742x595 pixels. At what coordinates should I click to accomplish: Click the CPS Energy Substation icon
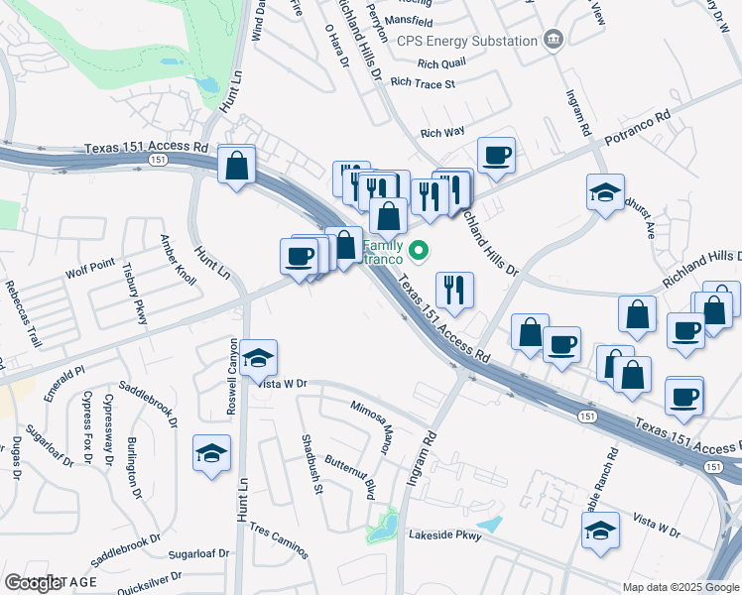click(554, 41)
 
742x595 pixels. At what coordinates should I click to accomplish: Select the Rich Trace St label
click(423, 84)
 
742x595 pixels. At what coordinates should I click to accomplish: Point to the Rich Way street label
click(442, 132)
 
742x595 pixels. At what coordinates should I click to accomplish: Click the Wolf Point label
click(91, 268)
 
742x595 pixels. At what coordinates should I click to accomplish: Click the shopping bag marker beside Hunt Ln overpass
click(237, 165)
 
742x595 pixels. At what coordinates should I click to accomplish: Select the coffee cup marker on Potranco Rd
click(496, 155)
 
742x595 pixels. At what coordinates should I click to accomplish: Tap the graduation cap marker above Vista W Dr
click(259, 357)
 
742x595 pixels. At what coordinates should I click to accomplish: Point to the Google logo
click(34, 583)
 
